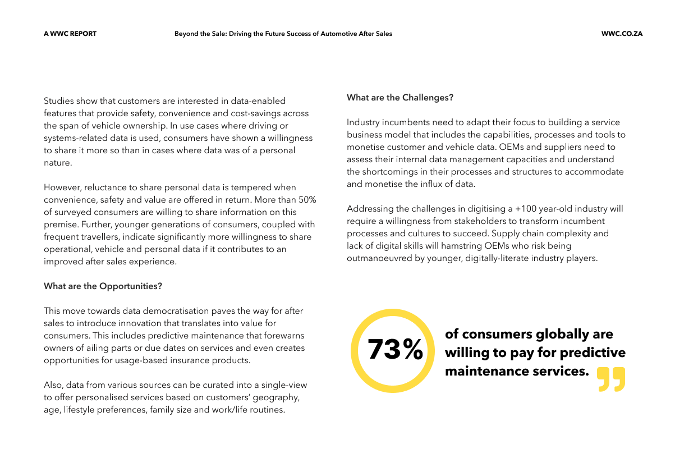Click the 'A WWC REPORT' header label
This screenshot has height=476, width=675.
click(70, 34)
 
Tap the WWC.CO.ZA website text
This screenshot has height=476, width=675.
click(622, 34)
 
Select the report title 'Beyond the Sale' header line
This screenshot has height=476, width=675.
click(283, 34)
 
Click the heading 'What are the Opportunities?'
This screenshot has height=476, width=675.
click(103, 286)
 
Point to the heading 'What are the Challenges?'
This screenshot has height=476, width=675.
click(400, 98)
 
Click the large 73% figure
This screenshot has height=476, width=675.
click(395, 349)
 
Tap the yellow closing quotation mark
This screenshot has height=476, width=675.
click(610, 379)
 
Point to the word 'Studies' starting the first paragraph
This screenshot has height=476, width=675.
click(58, 101)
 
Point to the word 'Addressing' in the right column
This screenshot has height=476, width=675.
click(369, 209)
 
